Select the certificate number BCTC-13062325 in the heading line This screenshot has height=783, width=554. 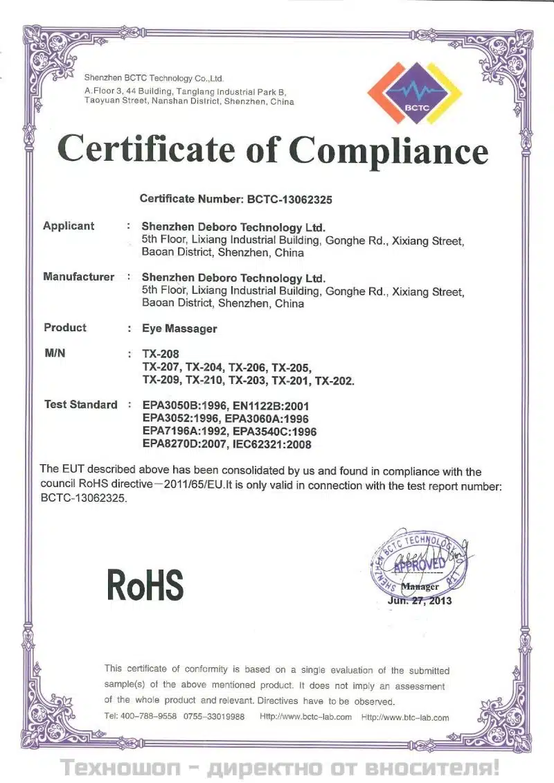coord(290,200)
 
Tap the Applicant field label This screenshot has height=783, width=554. coord(69,226)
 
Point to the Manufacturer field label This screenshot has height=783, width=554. coord(78,277)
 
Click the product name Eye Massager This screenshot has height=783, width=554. coord(179,328)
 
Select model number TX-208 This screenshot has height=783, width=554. coord(155,354)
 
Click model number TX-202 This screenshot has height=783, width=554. coord(334,380)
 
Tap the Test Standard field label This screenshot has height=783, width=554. coord(80,405)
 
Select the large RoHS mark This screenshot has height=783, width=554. coord(145,586)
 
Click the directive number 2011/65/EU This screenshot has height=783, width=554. coord(190,485)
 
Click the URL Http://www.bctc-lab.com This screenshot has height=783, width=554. coord(305,717)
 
